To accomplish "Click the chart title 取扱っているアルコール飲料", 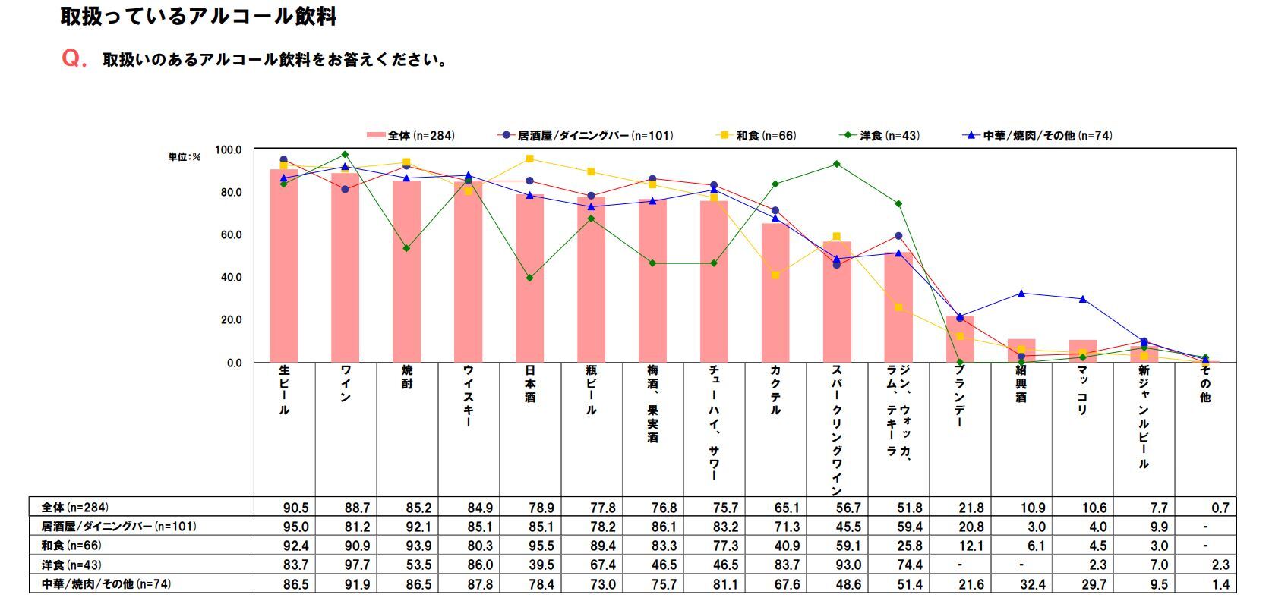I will click(x=198, y=17).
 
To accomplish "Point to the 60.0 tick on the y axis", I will click(x=229, y=235).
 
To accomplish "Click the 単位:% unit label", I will click(x=185, y=157).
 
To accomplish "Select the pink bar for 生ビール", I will click(x=284, y=266).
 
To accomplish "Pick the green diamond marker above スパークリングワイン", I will click(x=837, y=164).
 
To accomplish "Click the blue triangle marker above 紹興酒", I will click(x=1021, y=294).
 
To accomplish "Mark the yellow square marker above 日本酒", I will click(x=529, y=159).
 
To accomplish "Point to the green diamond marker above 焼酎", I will click(x=406, y=249).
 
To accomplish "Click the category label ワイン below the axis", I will click(x=346, y=383).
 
